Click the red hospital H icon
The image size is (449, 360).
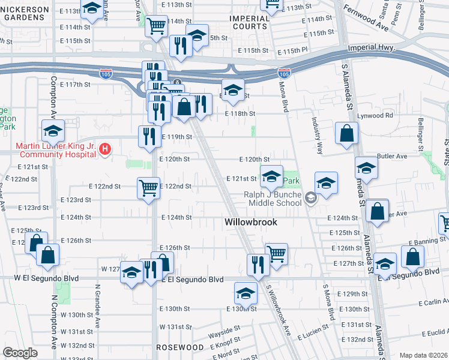[x=105, y=149]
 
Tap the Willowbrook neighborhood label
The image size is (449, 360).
[x=251, y=222]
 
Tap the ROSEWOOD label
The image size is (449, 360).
[x=180, y=347]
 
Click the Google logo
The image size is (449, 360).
[x=20, y=353]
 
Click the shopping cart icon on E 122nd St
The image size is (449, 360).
[x=148, y=188]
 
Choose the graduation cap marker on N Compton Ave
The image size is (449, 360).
[x=53, y=130]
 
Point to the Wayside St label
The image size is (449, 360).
[x=224, y=329]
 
